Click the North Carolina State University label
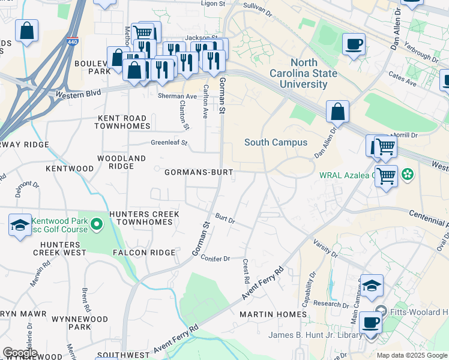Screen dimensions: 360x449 pos(313,73)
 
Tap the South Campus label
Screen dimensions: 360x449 pos(276,142)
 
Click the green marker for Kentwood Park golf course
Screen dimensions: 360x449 pos(96,225)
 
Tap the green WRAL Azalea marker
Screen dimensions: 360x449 pos(408,175)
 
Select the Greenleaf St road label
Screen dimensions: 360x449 pos(169,143)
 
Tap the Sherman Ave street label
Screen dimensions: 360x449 pos(177,96)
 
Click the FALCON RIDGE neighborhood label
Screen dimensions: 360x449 pos(139,253)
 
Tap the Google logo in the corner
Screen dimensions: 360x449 pos(20,352)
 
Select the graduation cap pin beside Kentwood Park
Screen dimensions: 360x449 pos(20,226)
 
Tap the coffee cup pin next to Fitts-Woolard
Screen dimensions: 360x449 pos(371,322)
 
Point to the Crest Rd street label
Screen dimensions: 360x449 pos(246,271)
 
